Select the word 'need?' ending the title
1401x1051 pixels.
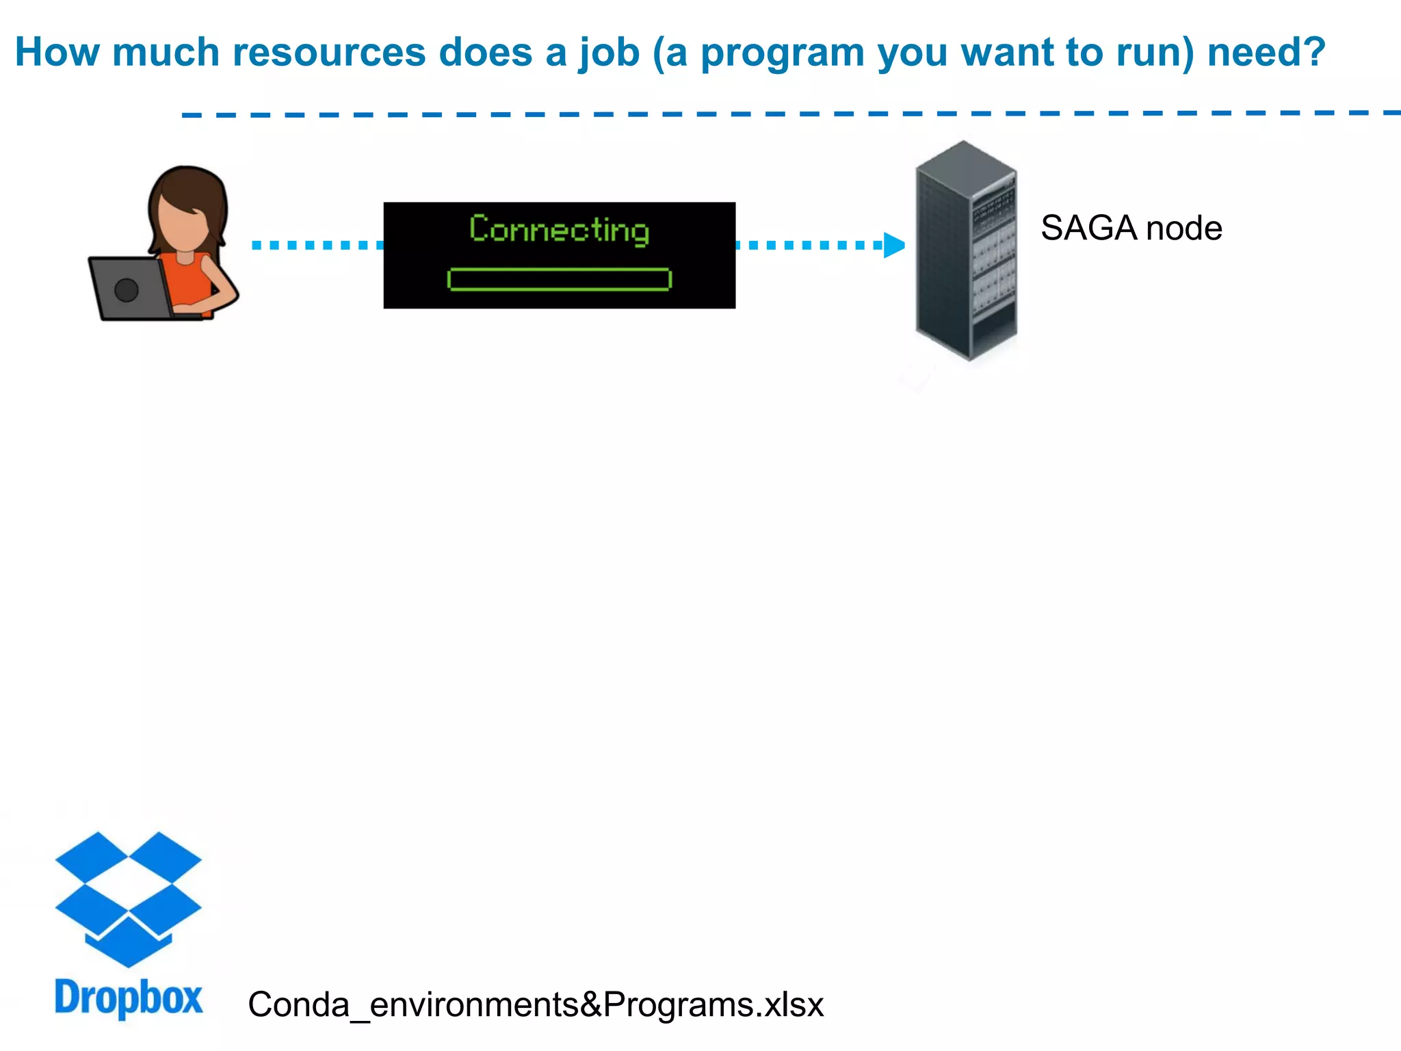click(x=1266, y=52)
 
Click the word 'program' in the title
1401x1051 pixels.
click(x=783, y=53)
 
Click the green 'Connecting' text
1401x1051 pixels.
click(x=559, y=230)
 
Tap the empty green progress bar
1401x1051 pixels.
click(x=559, y=279)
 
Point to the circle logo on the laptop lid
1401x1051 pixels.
click(x=127, y=290)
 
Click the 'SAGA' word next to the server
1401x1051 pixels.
click(x=1088, y=229)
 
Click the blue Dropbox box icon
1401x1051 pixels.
click(x=128, y=897)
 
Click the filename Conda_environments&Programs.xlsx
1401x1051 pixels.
click(x=536, y=1004)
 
